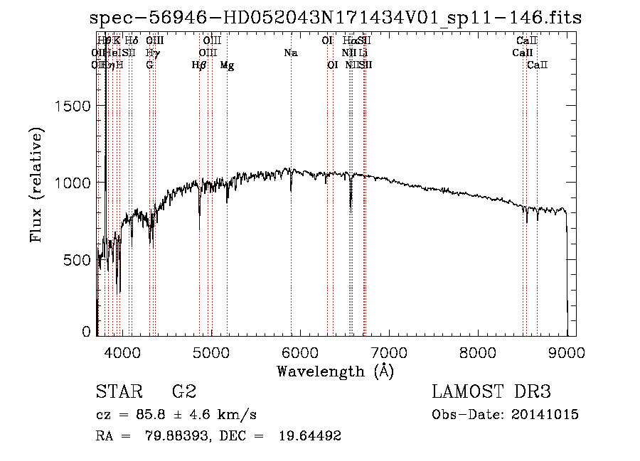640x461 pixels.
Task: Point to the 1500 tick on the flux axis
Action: [73, 106]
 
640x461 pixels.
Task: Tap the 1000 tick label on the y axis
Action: [73, 183]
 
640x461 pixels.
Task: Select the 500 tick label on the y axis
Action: [78, 259]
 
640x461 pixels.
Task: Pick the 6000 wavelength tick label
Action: [300, 351]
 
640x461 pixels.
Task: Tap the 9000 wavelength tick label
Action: [567, 351]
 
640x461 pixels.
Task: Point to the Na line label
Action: [290, 53]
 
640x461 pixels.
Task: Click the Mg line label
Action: [227, 65]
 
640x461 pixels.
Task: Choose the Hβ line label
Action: [199, 65]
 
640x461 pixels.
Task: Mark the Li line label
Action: [363, 53]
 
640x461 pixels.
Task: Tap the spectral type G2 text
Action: [183, 392]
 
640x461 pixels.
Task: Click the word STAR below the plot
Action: [117, 392]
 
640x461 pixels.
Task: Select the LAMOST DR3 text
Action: [491, 392]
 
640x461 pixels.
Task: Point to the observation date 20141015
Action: [547, 415]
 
